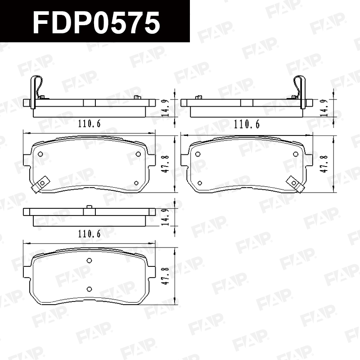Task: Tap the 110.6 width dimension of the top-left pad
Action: pyautogui.click(x=89, y=124)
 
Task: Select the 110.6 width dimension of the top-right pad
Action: pyautogui.click(x=247, y=124)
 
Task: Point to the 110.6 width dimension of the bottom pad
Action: pyautogui.click(x=89, y=234)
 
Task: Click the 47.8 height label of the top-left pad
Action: pyautogui.click(x=166, y=164)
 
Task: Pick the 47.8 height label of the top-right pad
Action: pyautogui.click(x=324, y=164)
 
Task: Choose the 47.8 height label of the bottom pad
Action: pyautogui.click(x=166, y=276)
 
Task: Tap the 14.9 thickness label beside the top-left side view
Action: pyautogui.click(x=166, y=108)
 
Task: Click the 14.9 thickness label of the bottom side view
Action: pyautogui.click(x=166, y=217)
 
